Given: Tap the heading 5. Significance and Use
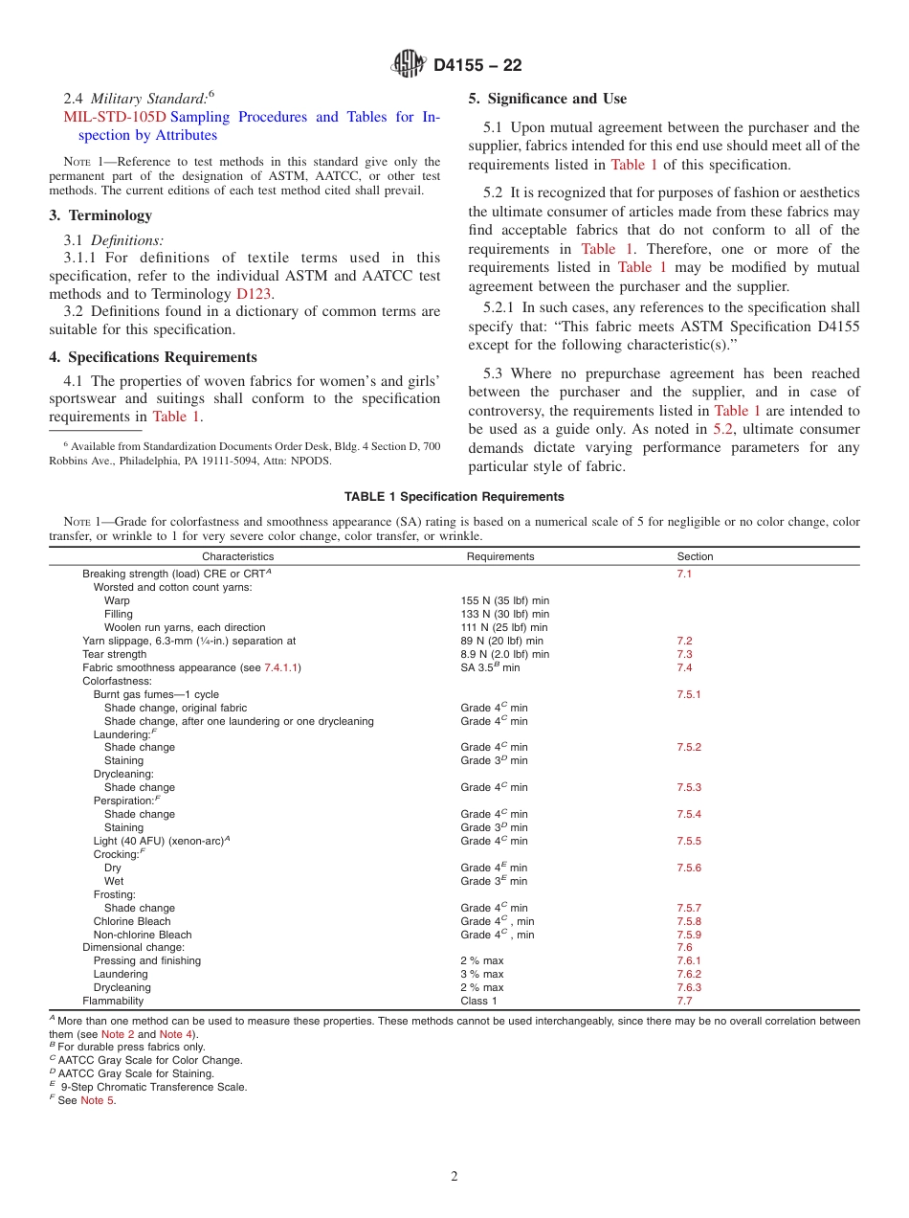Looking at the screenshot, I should click(x=547, y=99).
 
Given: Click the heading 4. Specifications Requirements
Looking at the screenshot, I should click(x=153, y=357).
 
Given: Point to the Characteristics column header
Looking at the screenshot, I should click(x=237, y=556).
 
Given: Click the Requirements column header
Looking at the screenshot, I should click(x=500, y=556).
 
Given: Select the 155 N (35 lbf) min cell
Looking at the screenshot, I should click(x=504, y=600).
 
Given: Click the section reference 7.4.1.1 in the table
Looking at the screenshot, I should click(x=280, y=667).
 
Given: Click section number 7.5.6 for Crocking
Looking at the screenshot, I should click(x=689, y=868).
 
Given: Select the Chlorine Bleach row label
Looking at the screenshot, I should click(x=132, y=921).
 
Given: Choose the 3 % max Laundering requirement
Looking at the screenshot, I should click(x=481, y=974).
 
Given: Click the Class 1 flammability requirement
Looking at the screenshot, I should click(x=478, y=1001).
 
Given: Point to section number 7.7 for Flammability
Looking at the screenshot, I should click(x=684, y=1001).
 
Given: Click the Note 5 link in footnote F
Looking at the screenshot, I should click(x=97, y=1100).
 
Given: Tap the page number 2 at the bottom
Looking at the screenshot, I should click(x=454, y=1177).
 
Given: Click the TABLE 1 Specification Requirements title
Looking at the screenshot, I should click(x=454, y=496).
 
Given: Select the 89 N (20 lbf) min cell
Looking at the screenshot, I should click(x=501, y=641).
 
